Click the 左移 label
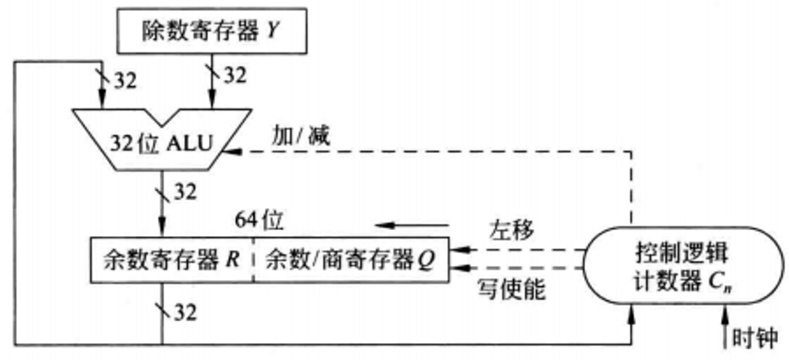tap(511, 228)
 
